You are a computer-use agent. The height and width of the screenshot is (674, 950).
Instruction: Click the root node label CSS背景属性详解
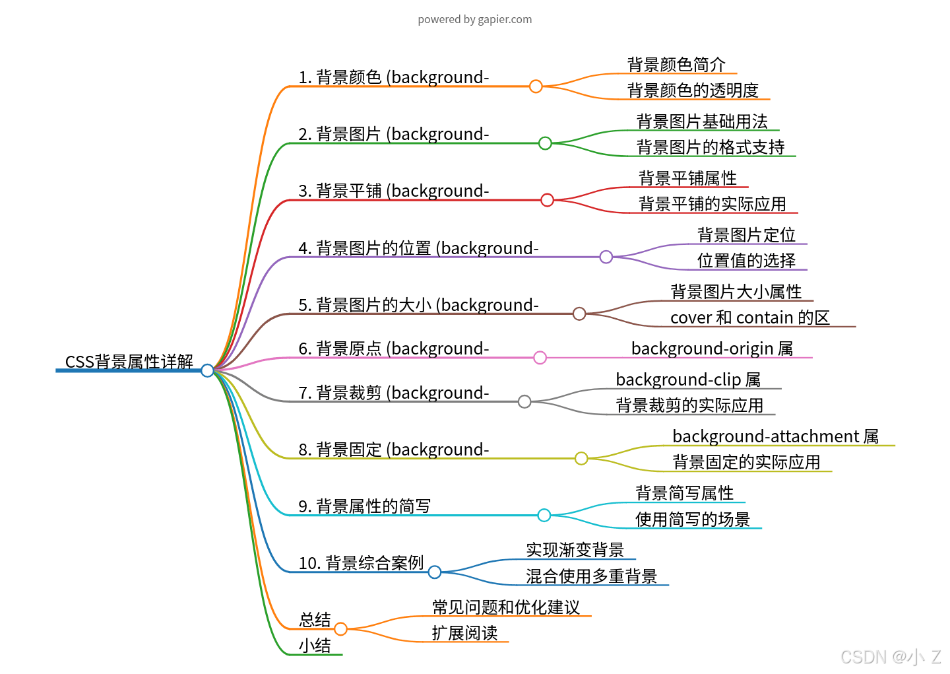coord(129,362)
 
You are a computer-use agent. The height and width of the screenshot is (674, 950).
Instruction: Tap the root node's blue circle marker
coord(207,370)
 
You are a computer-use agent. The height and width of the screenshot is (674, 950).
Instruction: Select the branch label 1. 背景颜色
coord(393,77)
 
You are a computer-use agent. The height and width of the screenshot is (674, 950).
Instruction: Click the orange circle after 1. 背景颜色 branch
coord(536,86)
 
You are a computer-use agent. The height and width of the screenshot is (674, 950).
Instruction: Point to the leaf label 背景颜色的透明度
coord(693,90)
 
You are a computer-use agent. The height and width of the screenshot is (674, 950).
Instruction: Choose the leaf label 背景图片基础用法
coord(702,121)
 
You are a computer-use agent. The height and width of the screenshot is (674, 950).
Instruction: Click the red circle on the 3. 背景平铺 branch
coord(547,200)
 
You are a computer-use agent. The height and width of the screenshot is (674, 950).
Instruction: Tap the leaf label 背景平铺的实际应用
coord(712,204)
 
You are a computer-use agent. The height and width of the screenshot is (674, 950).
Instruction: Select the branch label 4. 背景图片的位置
coord(418,248)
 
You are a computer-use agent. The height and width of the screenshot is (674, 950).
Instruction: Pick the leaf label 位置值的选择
coord(746,261)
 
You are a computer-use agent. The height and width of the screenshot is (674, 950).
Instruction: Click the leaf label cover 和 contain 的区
coord(749,318)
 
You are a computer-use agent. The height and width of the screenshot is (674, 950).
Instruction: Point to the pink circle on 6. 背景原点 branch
coord(540,358)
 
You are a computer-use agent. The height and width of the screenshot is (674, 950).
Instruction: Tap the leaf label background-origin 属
coord(712,349)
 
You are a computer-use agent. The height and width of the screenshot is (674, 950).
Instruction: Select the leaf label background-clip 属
coord(688,380)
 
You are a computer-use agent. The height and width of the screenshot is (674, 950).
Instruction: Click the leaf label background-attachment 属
coord(775,436)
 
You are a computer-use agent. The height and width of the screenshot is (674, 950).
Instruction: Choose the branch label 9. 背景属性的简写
coord(364,506)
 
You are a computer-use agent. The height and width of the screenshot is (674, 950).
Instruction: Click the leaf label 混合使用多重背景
coord(591,576)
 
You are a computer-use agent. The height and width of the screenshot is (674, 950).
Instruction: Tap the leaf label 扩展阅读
coord(464,633)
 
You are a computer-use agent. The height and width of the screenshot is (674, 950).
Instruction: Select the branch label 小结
coord(315,646)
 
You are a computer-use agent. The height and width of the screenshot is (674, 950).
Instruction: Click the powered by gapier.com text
coord(474,20)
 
